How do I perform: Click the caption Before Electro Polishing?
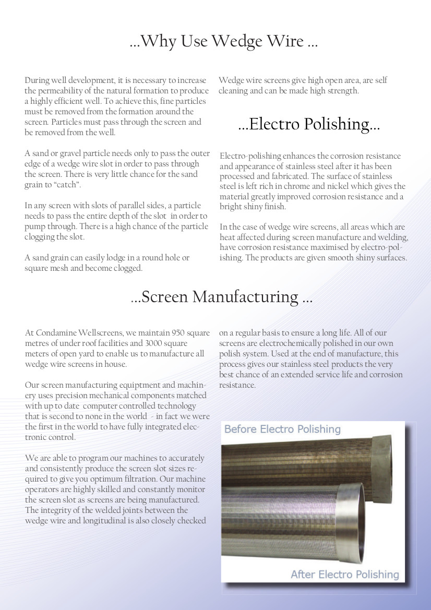click(282, 429)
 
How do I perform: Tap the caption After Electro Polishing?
click(344, 575)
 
